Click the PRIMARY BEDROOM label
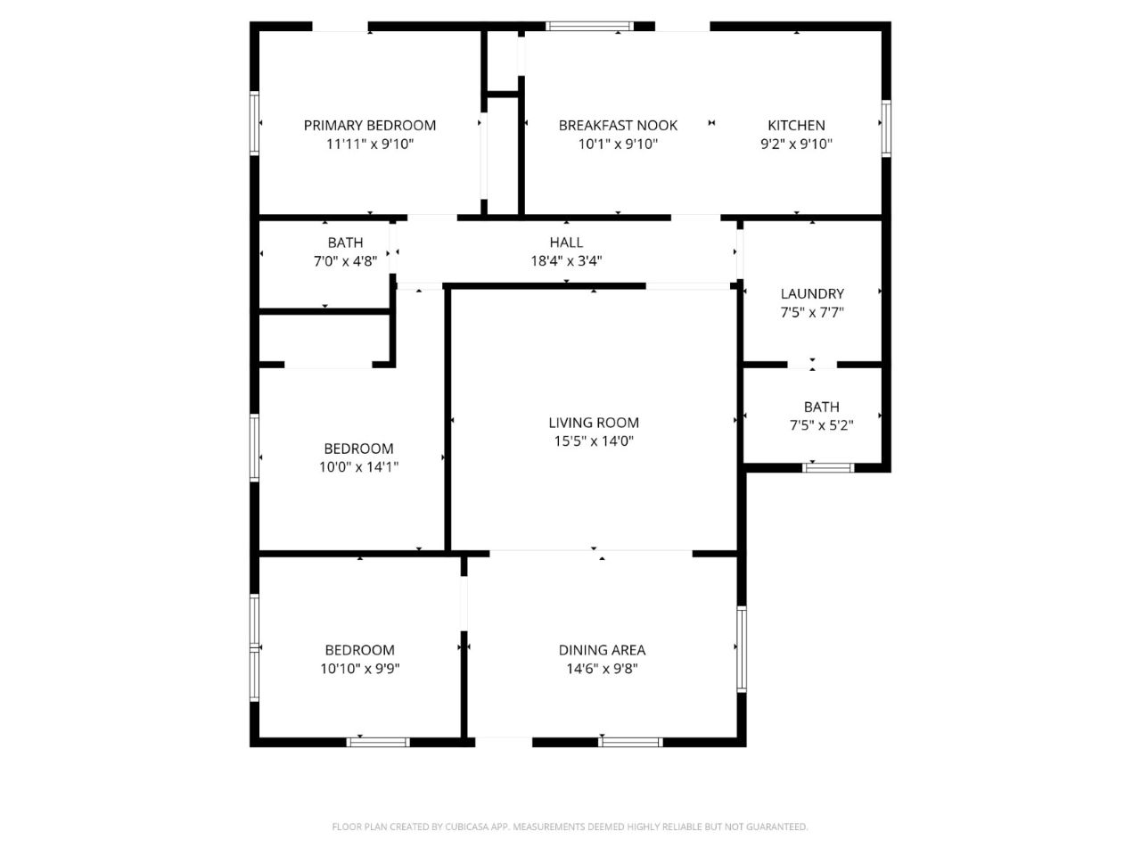point(369,126)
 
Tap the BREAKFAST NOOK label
point(618,126)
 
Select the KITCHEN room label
point(796,126)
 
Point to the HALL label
point(566,243)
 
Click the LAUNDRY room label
point(812,293)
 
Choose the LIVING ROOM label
point(594,423)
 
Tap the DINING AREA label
point(602,650)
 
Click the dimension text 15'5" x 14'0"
point(594,441)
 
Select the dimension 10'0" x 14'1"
point(358,466)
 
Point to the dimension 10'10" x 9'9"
point(359,669)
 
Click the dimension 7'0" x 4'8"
point(345,261)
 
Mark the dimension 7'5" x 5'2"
point(821,425)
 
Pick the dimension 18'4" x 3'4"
point(566,261)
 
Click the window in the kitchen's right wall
point(886,128)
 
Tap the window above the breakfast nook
point(590,26)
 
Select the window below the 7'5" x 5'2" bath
point(829,467)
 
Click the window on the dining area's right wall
point(742,648)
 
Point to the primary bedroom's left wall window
point(255,123)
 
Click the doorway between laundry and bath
point(812,365)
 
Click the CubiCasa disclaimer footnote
point(570,827)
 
